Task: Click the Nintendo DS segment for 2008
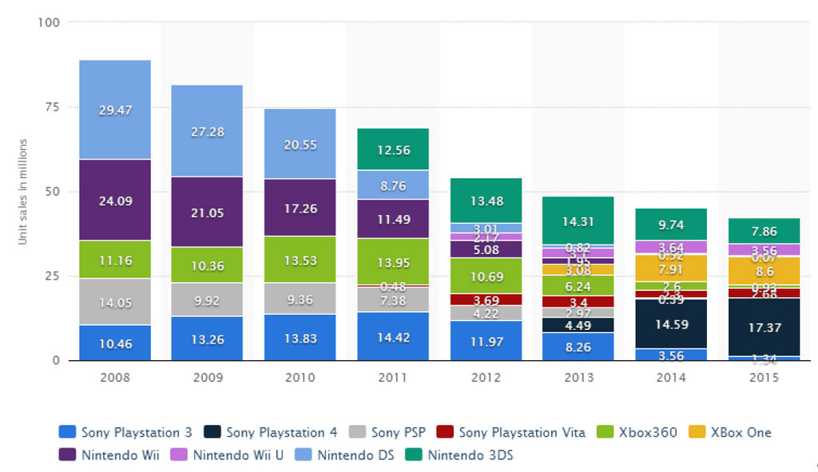(x=114, y=109)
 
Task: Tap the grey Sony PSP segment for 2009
(x=207, y=299)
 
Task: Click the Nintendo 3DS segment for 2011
(x=392, y=149)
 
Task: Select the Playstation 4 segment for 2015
(x=763, y=327)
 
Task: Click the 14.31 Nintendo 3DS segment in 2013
(x=578, y=220)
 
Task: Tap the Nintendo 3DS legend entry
(x=463, y=456)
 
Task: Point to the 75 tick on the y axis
(x=52, y=107)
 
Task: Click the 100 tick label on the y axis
(x=49, y=22)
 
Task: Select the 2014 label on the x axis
(x=670, y=376)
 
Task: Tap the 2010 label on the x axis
(x=300, y=376)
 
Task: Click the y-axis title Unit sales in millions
(x=23, y=192)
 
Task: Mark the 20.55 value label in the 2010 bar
(x=300, y=145)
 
